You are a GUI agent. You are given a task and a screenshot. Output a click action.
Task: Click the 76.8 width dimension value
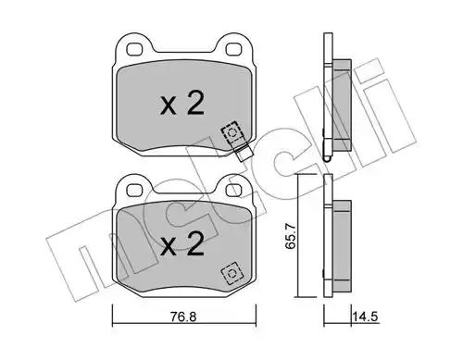tap(183, 317)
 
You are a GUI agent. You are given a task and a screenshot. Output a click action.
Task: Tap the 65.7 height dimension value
tap(291, 237)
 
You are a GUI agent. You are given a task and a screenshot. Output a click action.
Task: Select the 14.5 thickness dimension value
tap(366, 317)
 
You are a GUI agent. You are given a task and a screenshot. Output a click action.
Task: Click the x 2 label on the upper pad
tap(182, 103)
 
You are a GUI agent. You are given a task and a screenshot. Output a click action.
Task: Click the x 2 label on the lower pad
tap(182, 243)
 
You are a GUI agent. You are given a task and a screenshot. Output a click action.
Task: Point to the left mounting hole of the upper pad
tap(134, 49)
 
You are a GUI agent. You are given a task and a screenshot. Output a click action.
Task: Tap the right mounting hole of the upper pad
tap(233, 49)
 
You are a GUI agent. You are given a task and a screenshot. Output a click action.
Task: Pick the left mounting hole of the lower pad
tap(134, 190)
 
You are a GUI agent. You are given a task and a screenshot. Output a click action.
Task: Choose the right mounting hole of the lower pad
tap(233, 190)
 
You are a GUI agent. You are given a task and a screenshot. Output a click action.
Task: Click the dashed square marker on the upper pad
tap(232, 132)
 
